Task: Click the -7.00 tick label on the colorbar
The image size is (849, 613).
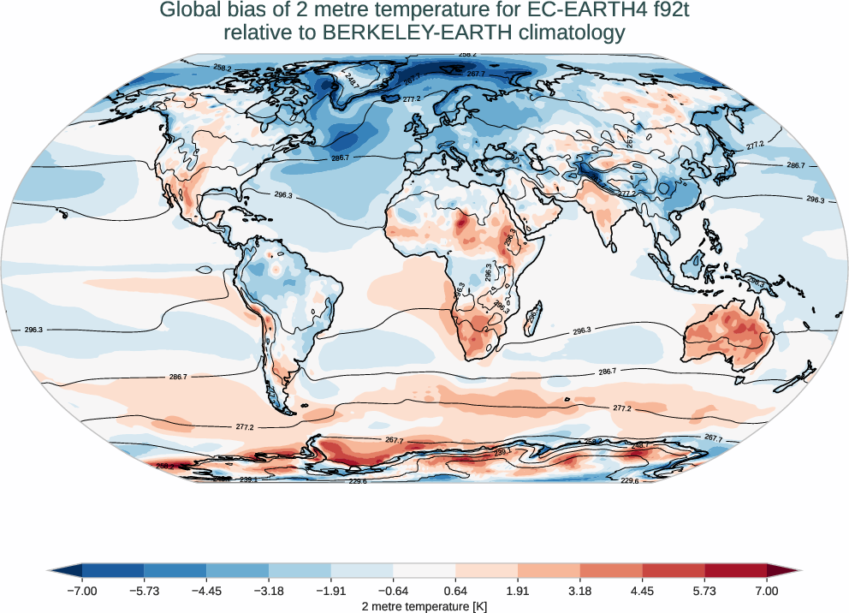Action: point(82,591)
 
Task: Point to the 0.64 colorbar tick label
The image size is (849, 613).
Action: point(455,591)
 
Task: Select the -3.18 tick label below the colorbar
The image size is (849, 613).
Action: point(269,591)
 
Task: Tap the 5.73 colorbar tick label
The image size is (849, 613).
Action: point(704,591)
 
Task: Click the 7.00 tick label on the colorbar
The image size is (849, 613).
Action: point(767,591)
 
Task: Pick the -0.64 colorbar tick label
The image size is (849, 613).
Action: point(393,591)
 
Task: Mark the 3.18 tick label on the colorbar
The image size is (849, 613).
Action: point(580,591)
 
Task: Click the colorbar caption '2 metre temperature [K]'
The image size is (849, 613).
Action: point(424,605)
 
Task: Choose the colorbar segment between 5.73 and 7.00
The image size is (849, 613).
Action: point(735,570)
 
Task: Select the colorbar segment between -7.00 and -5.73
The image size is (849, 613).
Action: point(113,570)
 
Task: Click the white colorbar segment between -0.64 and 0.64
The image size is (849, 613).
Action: point(424,570)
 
